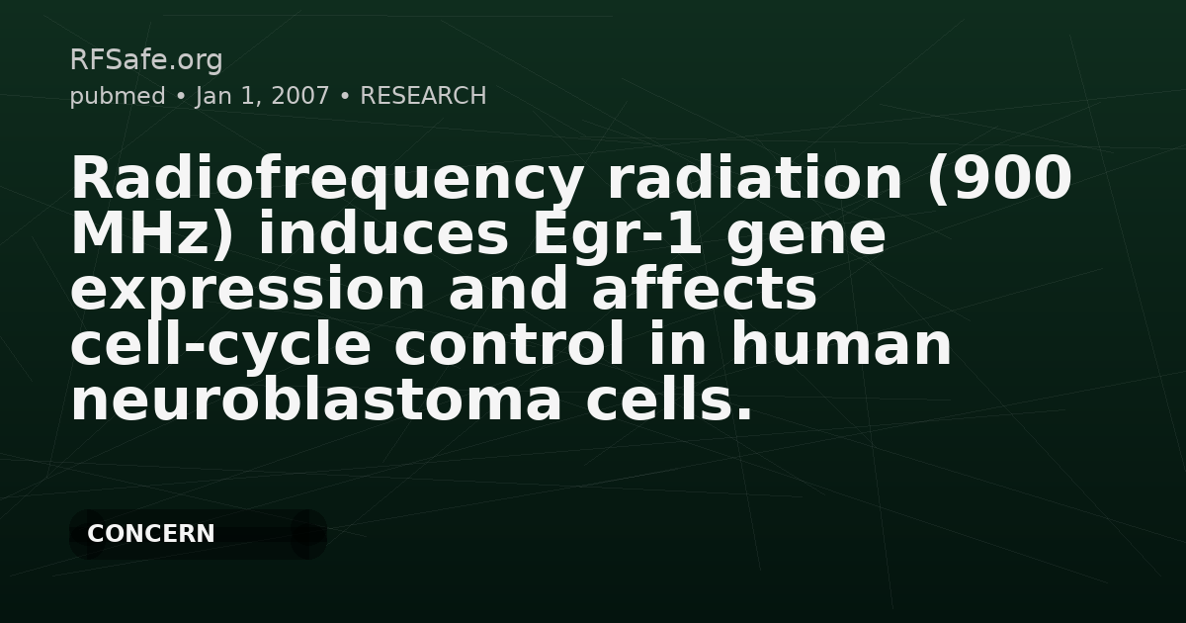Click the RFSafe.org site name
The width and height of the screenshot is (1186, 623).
pos(146,60)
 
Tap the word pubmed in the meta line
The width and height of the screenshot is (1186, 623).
pos(118,96)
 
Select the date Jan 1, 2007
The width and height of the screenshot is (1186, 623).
pos(262,96)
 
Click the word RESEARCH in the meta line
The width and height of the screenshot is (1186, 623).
pos(423,96)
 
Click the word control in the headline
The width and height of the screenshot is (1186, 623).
pos(510,346)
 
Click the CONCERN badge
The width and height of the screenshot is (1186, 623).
pos(151,534)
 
